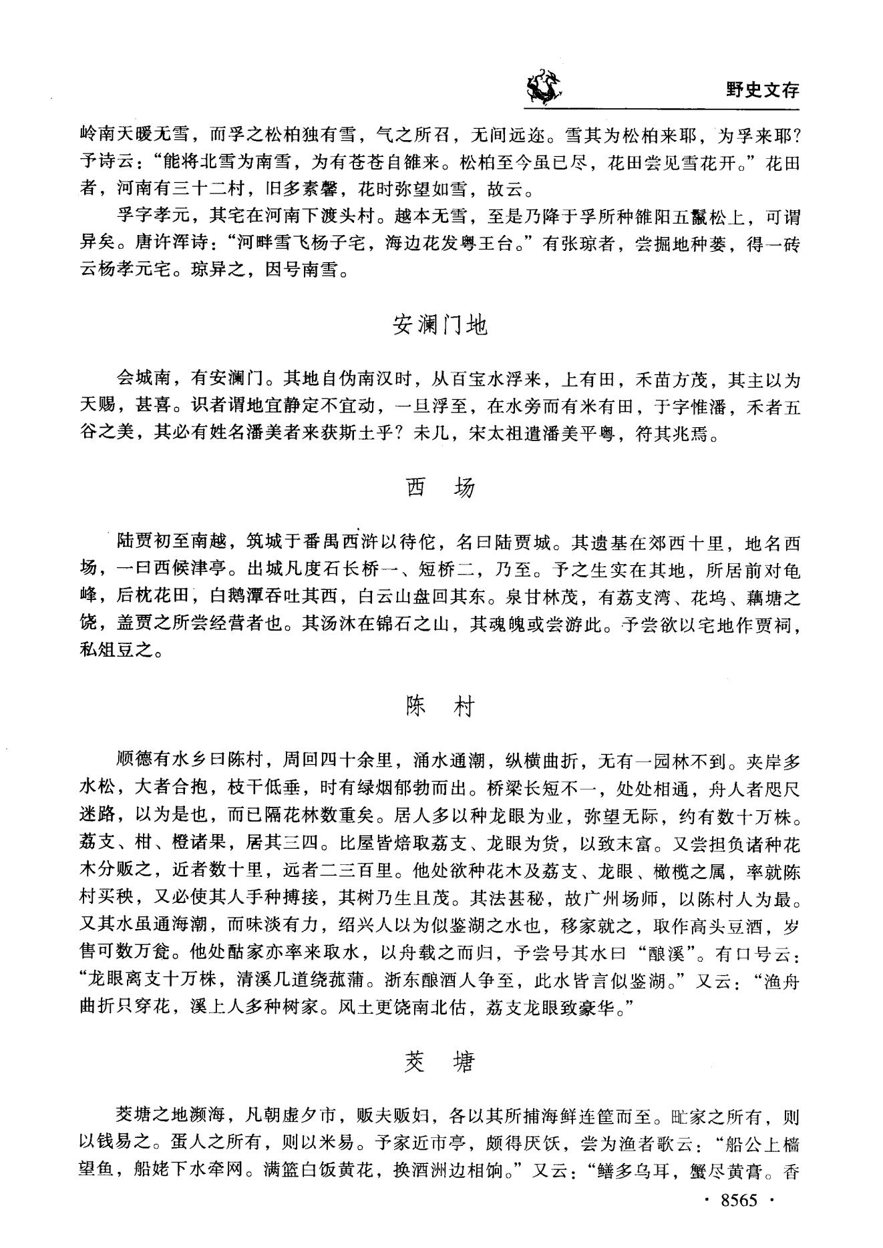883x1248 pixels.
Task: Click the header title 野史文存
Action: pos(762,89)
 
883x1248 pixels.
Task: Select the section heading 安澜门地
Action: pos(440,325)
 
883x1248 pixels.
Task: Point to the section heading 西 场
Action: pos(440,489)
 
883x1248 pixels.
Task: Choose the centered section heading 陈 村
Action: pos(440,707)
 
